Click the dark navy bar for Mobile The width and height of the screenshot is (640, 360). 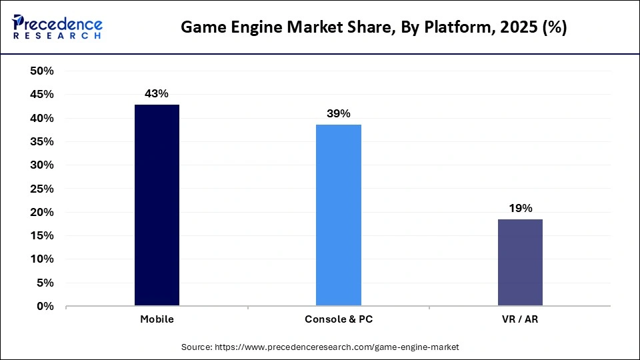coord(157,205)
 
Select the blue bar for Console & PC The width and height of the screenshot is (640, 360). coord(339,215)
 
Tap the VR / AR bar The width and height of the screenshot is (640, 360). coord(520,263)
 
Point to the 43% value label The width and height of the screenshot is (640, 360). coord(157,94)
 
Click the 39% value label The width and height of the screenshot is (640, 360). coord(339,114)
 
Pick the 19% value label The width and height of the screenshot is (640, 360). coord(520,209)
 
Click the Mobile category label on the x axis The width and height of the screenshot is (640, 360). coord(157,319)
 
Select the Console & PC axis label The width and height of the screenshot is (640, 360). coord(339,319)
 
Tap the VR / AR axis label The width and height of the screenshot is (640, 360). coord(520,319)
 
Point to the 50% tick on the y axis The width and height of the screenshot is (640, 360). coord(42,71)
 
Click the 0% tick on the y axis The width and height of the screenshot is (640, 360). coord(45,307)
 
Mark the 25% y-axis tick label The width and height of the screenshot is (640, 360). coord(42,189)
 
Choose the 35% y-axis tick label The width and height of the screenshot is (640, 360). coord(42,142)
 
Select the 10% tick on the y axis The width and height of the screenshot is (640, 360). coord(42,259)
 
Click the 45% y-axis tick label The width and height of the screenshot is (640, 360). coord(42,95)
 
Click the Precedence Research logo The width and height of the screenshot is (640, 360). coord(57,27)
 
